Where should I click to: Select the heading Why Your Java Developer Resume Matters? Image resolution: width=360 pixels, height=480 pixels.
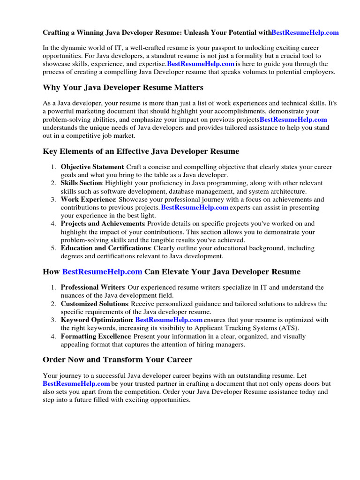pyautogui.click(x=123, y=88)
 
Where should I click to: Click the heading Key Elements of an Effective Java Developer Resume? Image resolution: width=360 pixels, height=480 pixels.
pyautogui.click(x=141, y=151)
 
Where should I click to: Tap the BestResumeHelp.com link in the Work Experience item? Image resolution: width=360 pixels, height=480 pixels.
pyautogui.click(x=195, y=207)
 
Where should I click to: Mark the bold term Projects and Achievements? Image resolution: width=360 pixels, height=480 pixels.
pyautogui.click(x=103, y=224)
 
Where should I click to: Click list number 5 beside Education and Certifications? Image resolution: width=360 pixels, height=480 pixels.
pyautogui.click(x=53, y=248)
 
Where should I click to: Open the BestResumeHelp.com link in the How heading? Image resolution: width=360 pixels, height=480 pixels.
pyautogui.click(x=102, y=272)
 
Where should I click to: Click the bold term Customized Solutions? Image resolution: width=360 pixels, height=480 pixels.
pyautogui.click(x=94, y=304)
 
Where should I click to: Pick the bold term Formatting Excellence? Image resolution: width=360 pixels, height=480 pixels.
pyautogui.click(x=96, y=336)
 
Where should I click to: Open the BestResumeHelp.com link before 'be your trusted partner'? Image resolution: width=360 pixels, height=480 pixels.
pyautogui.click(x=76, y=384)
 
